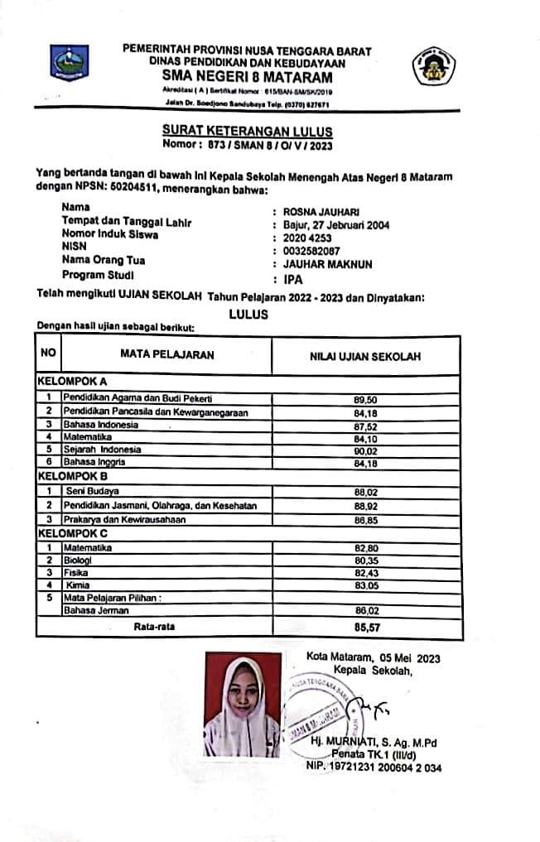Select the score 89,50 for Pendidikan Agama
click(x=365, y=398)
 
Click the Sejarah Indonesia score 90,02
click(x=365, y=450)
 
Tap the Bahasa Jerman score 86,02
click(x=365, y=610)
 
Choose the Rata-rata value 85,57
click(x=365, y=628)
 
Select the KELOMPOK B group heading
click(x=73, y=477)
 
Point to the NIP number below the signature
click(x=374, y=767)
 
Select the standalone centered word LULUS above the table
click(x=248, y=314)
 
